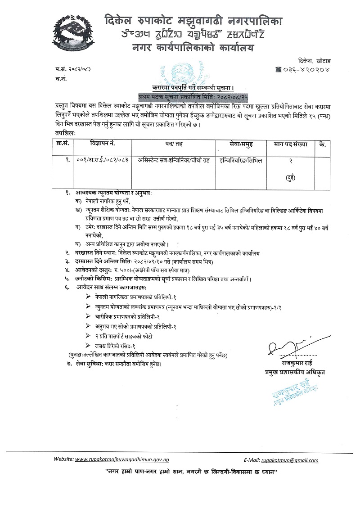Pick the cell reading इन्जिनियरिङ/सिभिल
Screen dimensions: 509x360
click(x=240, y=160)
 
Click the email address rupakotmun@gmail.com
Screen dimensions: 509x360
click(x=290, y=460)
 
